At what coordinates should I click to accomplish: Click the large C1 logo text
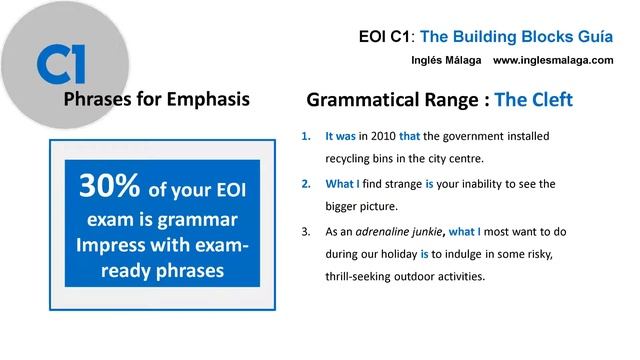(61, 63)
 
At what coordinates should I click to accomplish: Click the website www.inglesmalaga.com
(553, 60)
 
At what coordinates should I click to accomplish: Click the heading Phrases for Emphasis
(156, 100)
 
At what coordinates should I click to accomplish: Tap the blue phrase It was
(343, 135)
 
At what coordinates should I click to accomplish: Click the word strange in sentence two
(398, 184)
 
